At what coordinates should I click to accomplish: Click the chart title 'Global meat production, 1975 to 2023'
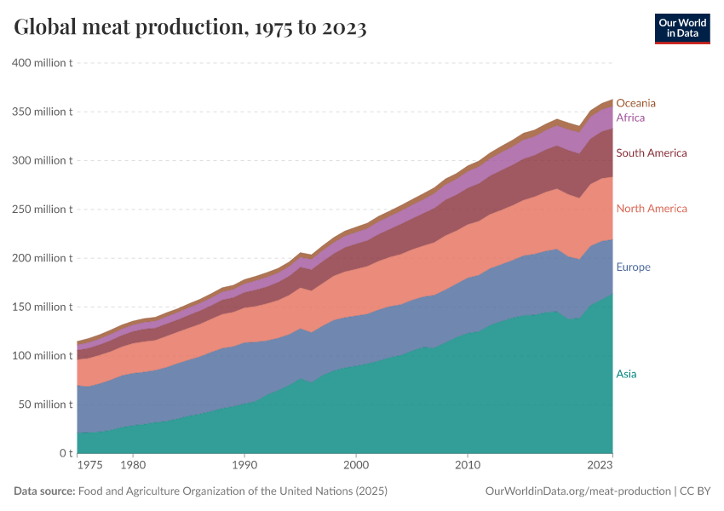[x=190, y=28]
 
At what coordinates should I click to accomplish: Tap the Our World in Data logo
[x=682, y=28]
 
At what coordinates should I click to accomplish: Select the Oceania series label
[x=636, y=103]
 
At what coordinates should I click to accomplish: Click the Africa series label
[x=630, y=118]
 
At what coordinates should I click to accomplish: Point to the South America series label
[x=652, y=153]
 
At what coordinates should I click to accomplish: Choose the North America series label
[x=652, y=209]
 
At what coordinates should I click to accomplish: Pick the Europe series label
[x=633, y=267]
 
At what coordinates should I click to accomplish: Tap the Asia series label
[x=626, y=374]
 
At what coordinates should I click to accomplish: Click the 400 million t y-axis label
[x=42, y=62]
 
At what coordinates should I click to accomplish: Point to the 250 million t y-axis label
[x=42, y=210]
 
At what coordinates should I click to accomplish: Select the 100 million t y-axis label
[x=42, y=356]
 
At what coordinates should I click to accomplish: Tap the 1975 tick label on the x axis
[x=89, y=466]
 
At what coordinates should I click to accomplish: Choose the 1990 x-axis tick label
[x=244, y=466]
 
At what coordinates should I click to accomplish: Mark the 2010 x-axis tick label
[x=467, y=466]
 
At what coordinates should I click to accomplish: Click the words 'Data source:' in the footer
[x=44, y=491]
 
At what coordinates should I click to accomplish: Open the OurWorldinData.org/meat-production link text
[x=577, y=491]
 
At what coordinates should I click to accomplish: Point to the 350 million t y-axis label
[x=42, y=112]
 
